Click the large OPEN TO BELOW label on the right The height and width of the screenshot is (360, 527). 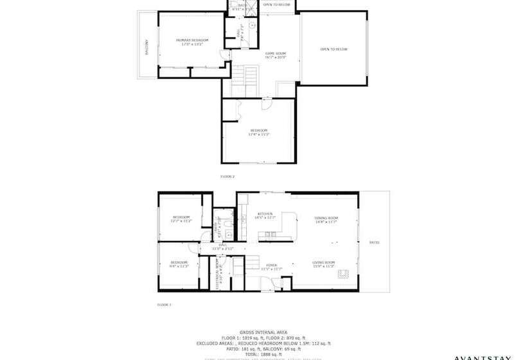click(334, 50)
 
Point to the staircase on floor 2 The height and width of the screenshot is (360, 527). click(244, 81)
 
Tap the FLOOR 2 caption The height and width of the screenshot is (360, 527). click(228, 176)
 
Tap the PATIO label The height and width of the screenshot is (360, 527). click(374, 242)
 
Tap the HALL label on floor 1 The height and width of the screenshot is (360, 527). click(223, 246)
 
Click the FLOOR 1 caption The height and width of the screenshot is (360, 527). click(165, 305)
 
